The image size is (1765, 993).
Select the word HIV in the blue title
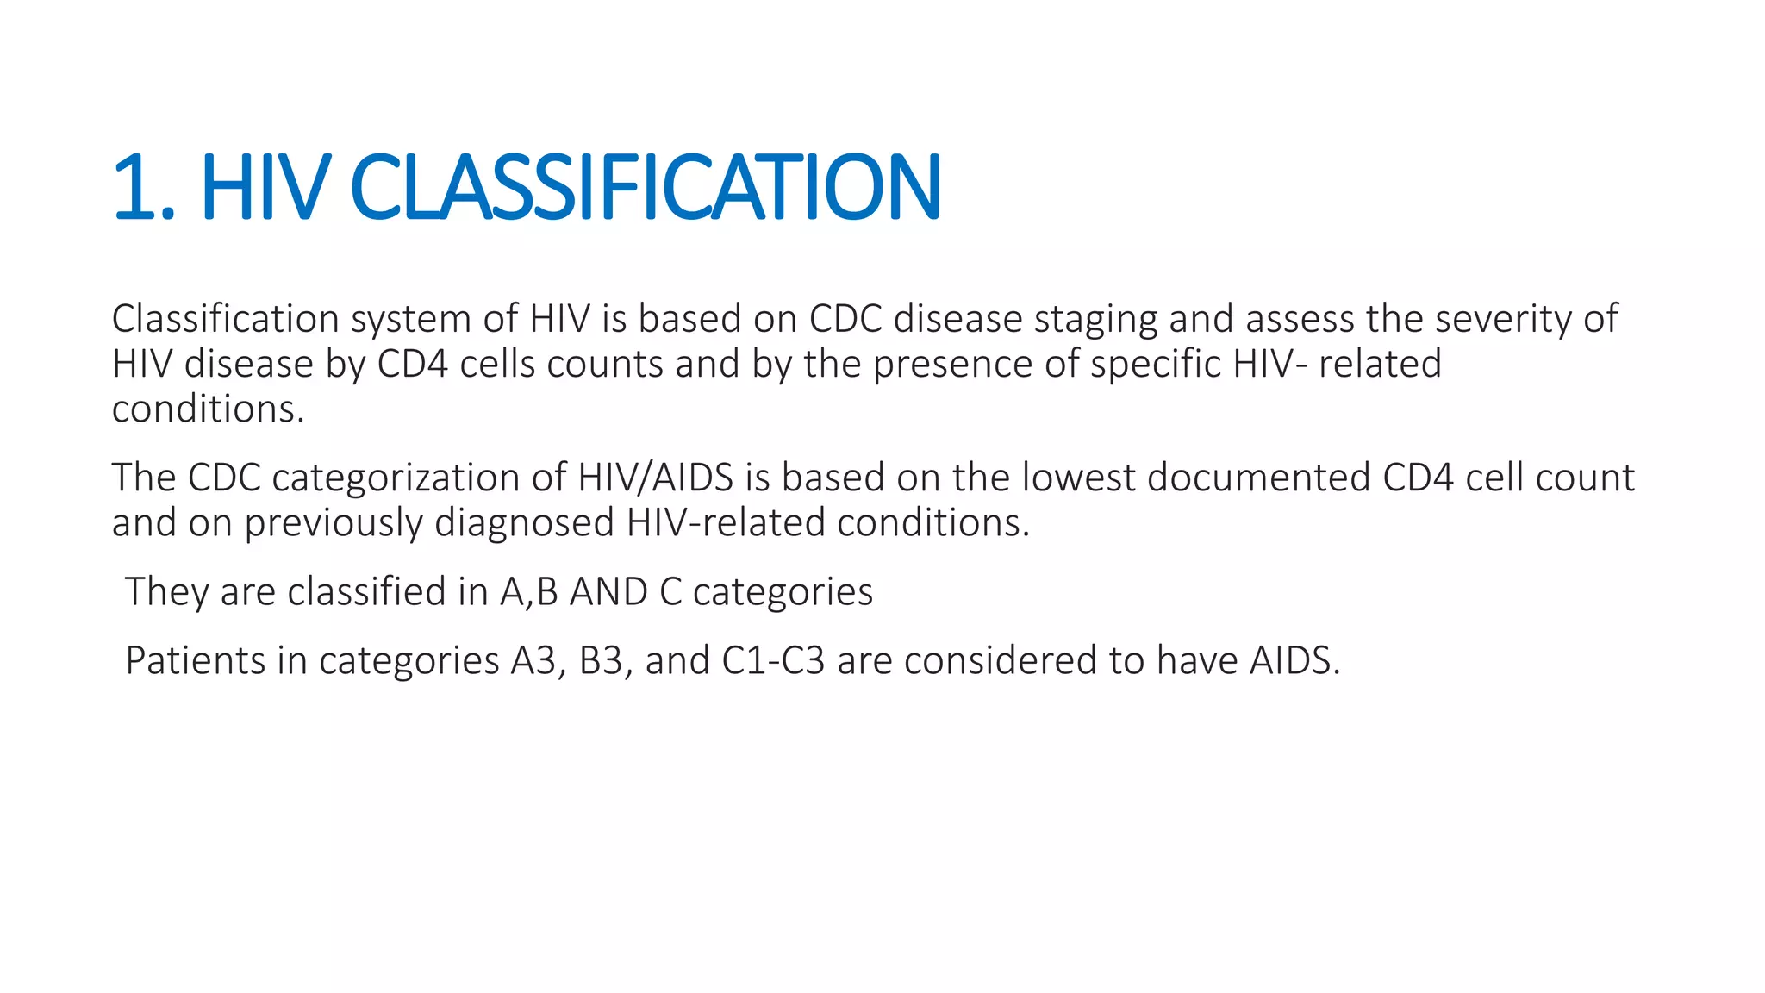(x=265, y=187)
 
